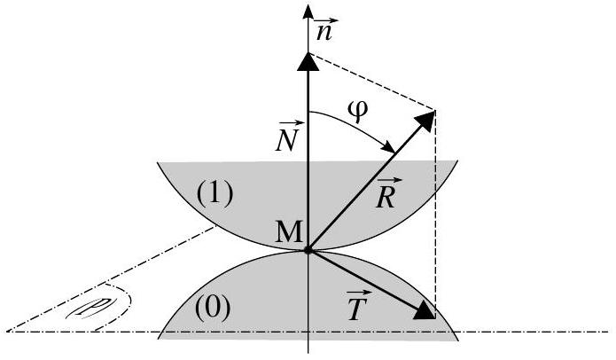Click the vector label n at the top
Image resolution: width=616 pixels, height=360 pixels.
[x=324, y=29]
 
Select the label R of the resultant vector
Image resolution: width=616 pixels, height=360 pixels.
[x=387, y=192]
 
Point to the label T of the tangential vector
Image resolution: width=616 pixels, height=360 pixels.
[x=357, y=306]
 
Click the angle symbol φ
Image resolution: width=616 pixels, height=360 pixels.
[x=357, y=112]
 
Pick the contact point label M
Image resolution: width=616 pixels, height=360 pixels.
[x=288, y=232]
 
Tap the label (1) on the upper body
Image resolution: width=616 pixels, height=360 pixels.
[x=214, y=194]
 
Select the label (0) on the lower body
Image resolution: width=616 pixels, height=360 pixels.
[x=213, y=309]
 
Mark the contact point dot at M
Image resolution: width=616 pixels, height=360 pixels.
[x=308, y=250]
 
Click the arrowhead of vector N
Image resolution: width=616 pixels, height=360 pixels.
[x=308, y=62]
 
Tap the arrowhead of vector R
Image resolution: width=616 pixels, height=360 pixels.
[x=425, y=121]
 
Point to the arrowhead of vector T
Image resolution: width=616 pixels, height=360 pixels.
[x=425, y=310]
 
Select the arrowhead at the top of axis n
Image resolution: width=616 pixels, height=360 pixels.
[x=308, y=12]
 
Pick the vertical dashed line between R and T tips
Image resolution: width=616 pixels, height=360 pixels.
[x=435, y=215]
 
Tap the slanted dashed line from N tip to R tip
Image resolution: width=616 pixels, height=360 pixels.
[x=372, y=82]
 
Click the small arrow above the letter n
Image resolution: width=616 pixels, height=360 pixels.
[x=327, y=20]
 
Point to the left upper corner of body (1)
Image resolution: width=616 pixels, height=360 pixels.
[x=158, y=162]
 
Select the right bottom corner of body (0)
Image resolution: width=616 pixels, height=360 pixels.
[x=458, y=339]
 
